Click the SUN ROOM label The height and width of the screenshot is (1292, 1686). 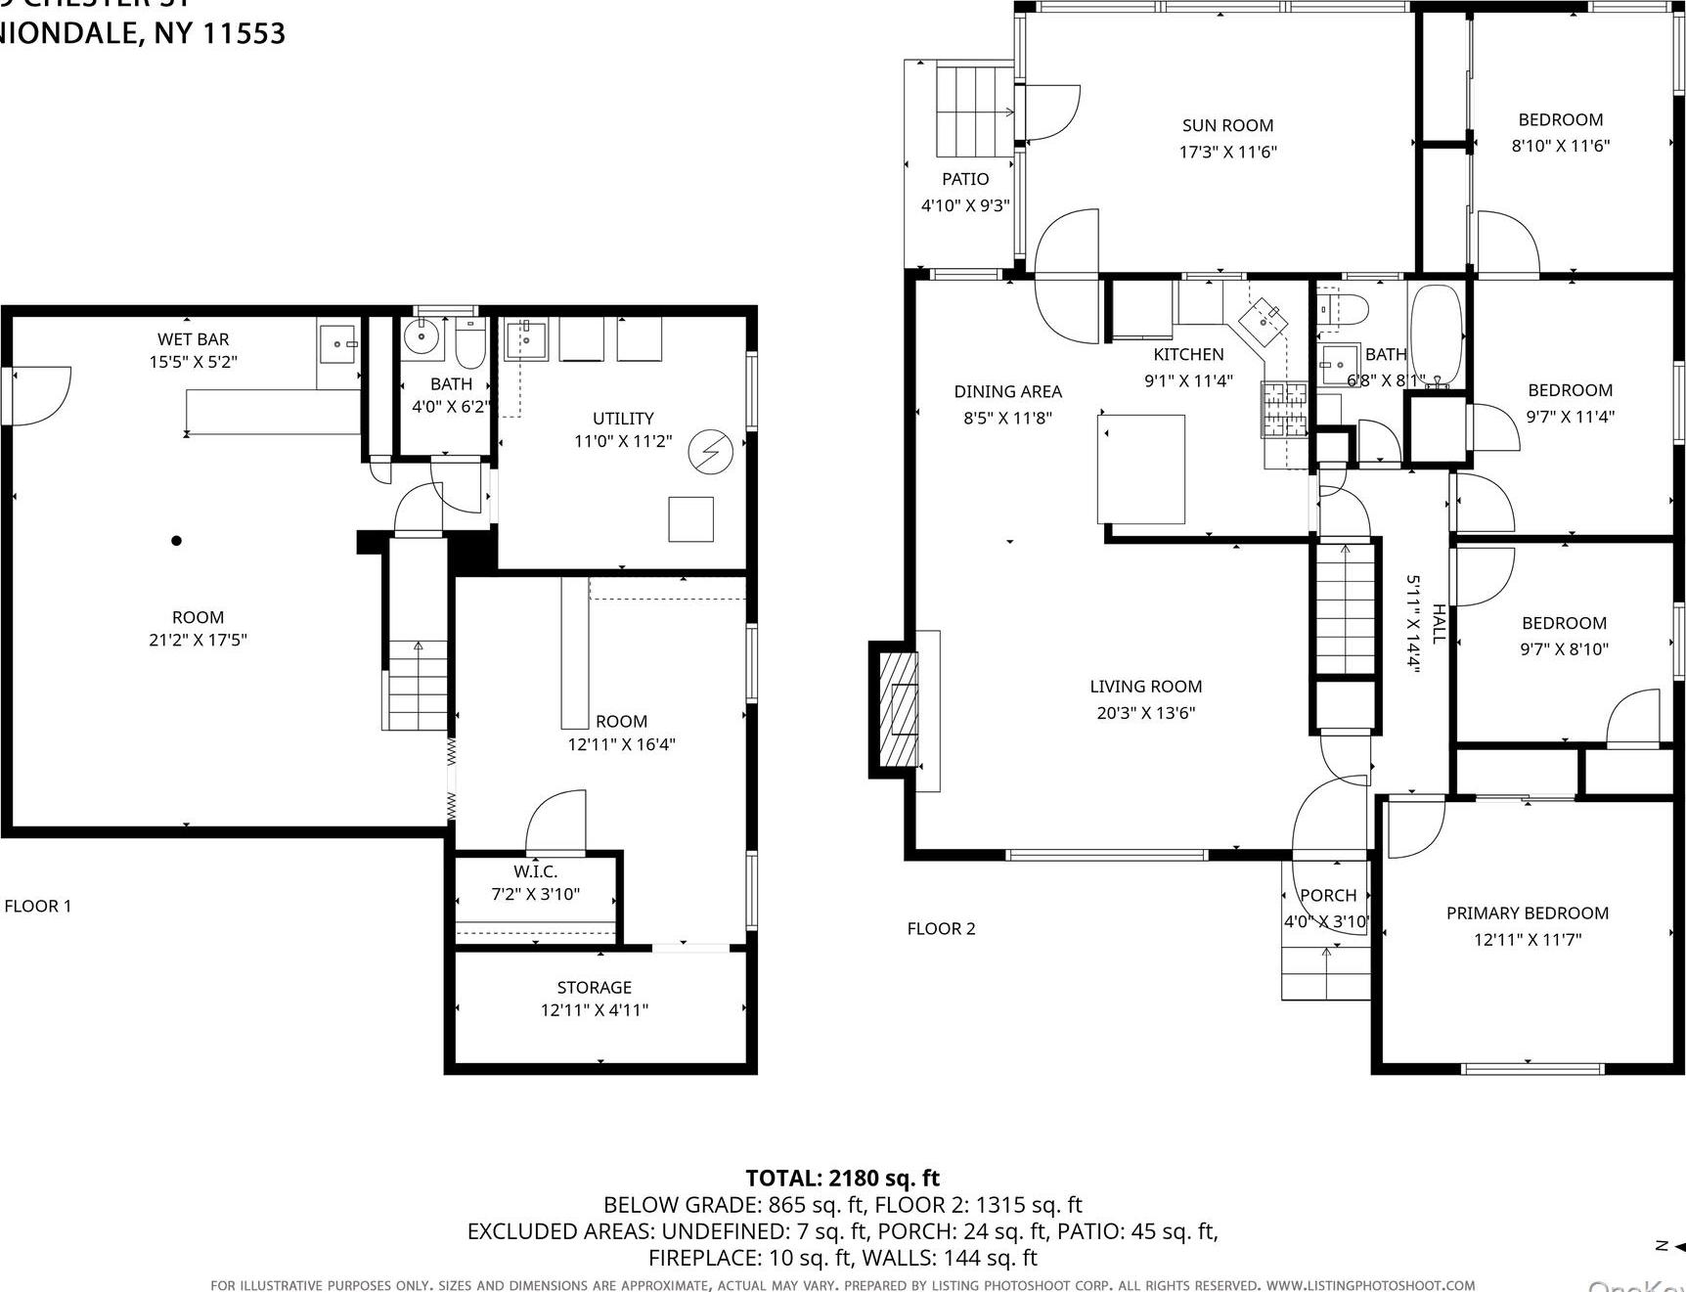pos(1227,125)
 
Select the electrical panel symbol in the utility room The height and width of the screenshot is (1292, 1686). pos(710,452)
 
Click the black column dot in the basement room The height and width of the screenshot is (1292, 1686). pos(176,540)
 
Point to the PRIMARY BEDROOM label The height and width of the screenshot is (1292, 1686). pos(1527,913)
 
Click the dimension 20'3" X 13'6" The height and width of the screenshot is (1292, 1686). pos(1145,713)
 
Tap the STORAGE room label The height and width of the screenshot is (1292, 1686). pos(594,988)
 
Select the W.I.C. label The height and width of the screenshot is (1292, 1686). pos(535,871)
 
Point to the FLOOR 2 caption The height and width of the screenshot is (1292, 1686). pos(941,928)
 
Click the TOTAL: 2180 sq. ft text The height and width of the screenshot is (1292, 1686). pos(842,1178)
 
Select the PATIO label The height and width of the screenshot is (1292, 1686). pos(965,179)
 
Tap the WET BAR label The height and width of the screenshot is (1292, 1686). pos(193,339)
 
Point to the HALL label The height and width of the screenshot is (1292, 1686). pos(1439,623)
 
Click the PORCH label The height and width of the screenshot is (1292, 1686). pos(1327,895)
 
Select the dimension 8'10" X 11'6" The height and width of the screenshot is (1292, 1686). pos(1560,146)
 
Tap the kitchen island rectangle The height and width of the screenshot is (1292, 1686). pos(1141,469)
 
